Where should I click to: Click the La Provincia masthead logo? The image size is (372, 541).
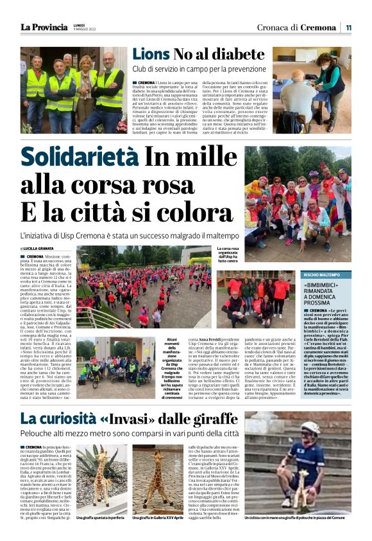coord(44,27)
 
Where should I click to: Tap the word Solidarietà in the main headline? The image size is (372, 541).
coord(77,157)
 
